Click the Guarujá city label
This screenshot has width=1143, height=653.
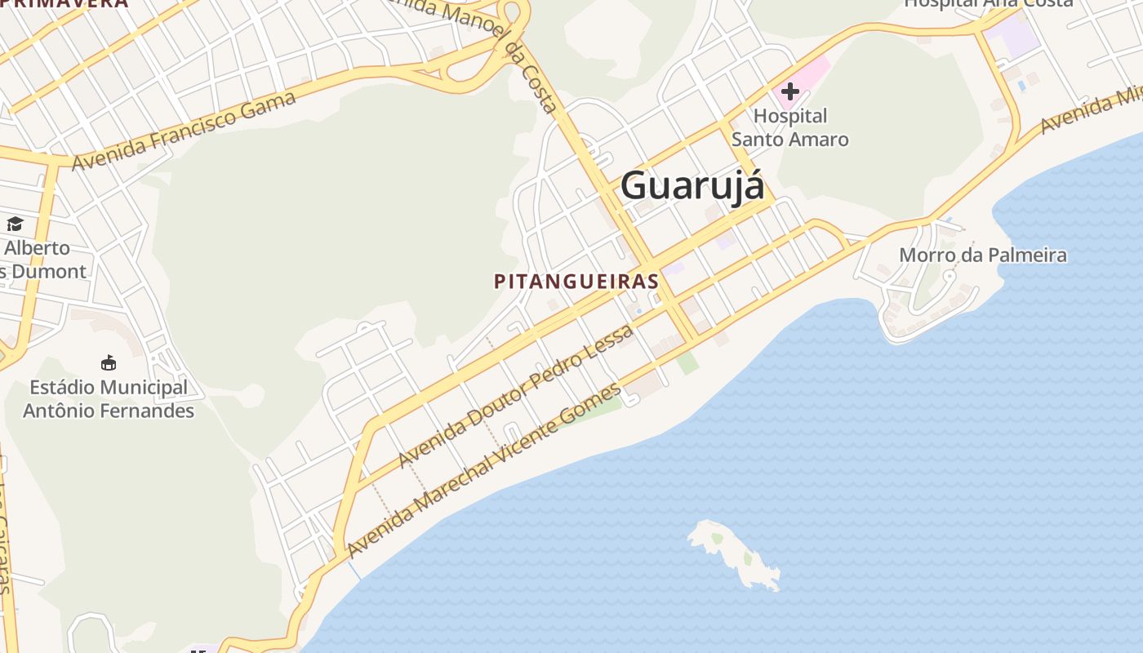tap(692, 185)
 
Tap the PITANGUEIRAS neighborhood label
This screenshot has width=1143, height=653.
tap(576, 282)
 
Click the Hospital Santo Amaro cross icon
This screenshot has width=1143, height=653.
tap(789, 91)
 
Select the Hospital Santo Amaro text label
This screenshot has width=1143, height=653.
tap(789, 128)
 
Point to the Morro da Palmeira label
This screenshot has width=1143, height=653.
tap(982, 255)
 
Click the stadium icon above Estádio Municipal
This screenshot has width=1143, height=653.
tap(109, 362)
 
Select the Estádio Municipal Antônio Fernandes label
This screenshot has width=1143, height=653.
tap(109, 399)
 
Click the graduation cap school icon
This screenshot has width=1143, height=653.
tap(15, 224)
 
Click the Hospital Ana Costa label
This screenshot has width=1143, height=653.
tap(988, 3)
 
